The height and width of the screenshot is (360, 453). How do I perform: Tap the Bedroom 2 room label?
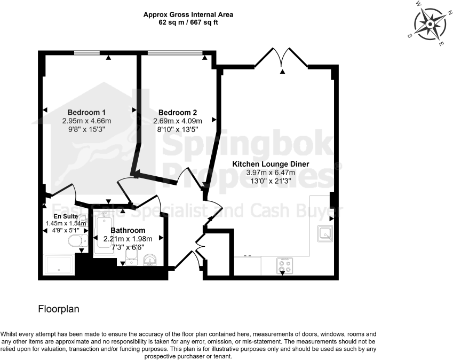177,113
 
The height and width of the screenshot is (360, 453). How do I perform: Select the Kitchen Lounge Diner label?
271,164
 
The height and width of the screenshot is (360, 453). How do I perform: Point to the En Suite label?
66,216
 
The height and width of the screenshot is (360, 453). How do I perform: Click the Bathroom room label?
128,230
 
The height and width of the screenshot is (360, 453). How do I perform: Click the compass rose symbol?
430,24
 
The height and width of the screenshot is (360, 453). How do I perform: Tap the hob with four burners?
284,266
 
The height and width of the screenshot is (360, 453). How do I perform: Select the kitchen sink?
325,233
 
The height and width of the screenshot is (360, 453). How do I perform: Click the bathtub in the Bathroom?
104,233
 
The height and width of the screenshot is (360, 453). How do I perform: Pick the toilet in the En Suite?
78,240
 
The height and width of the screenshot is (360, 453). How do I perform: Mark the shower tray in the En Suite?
59,265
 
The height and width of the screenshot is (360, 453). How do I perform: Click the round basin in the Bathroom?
150,260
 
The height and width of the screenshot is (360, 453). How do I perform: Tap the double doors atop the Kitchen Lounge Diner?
281,58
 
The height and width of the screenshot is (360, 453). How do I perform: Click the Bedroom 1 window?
86,53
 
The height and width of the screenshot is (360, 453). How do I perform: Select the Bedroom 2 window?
175,53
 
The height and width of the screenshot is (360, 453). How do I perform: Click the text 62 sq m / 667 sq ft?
188,22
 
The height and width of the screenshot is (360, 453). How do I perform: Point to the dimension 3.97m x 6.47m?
271,173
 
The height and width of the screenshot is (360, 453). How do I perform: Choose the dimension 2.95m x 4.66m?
86,121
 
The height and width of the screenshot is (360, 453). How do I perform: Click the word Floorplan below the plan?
59,309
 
